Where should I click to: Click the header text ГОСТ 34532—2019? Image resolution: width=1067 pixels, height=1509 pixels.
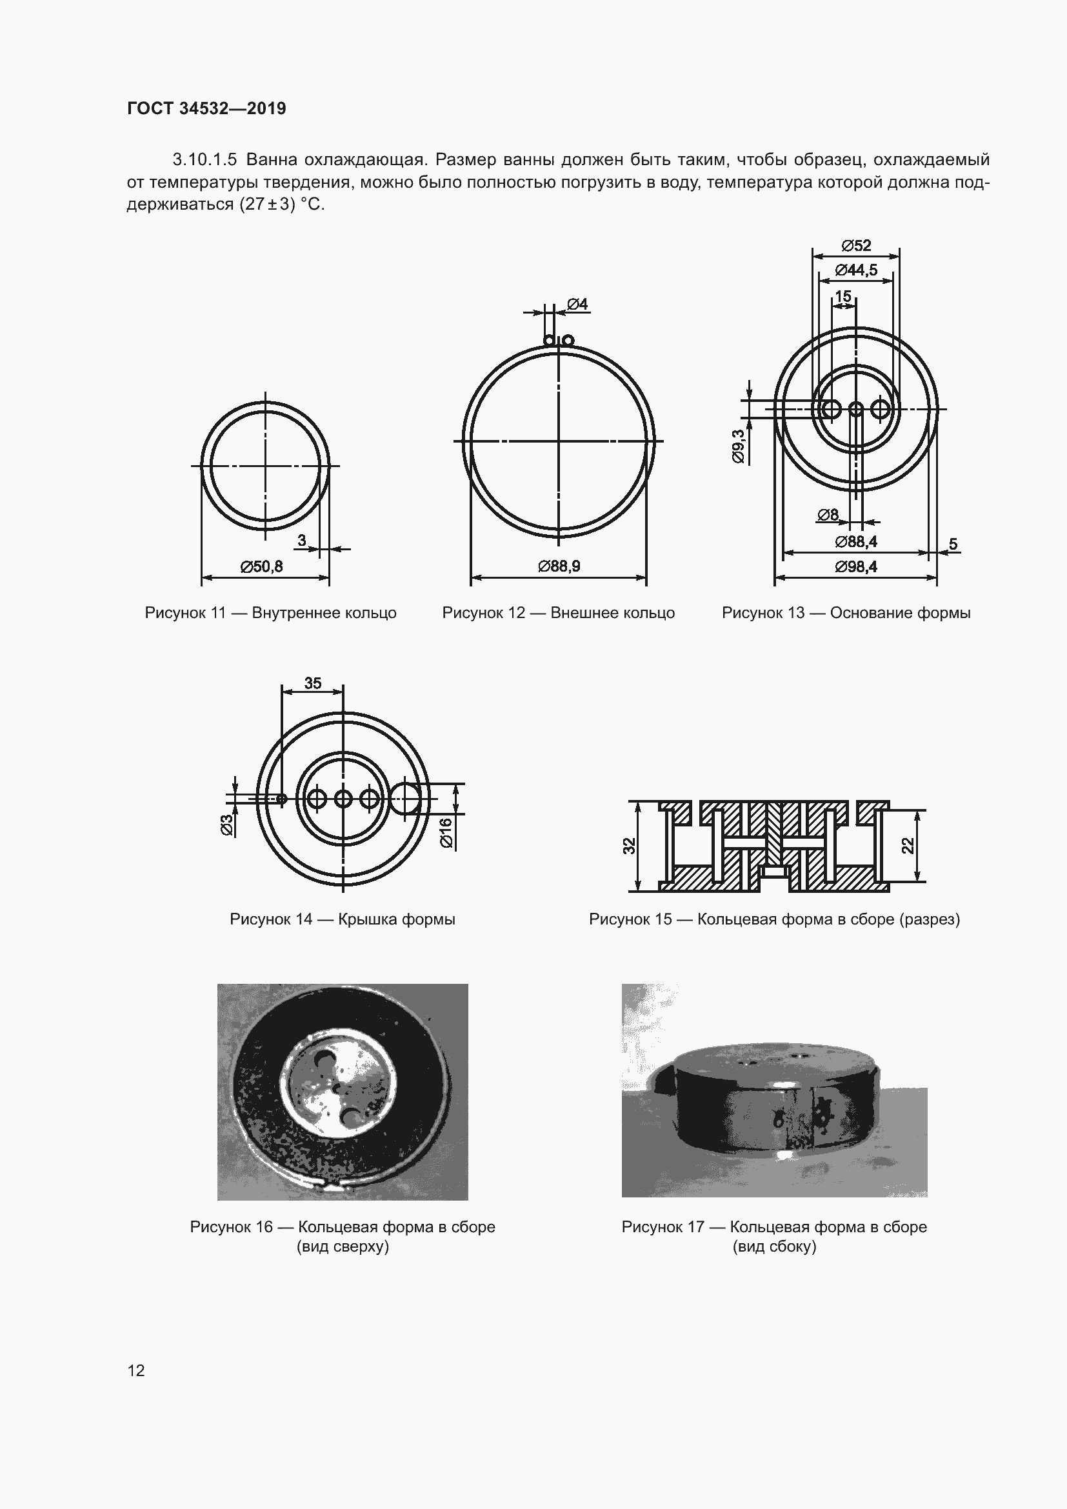tap(206, 108)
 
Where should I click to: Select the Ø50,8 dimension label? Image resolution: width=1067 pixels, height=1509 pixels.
tap(261, 566)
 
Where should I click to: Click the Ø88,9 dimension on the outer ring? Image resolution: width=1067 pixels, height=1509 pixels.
tap(559, 566)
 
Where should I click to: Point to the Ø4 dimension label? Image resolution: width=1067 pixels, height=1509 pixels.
tap(577, 305)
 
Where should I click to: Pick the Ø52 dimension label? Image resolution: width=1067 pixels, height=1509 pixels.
tap(856, 246)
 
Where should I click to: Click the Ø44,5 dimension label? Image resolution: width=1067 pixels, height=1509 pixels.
tap(856, 270)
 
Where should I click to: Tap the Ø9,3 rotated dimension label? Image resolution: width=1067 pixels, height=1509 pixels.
tap(738, 446)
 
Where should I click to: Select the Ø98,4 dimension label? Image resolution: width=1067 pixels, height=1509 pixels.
tap(856, 566)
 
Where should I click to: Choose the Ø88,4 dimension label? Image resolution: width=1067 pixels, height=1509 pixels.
tap(856, 541)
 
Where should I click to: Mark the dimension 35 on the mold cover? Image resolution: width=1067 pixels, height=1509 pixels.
tap(313, 683)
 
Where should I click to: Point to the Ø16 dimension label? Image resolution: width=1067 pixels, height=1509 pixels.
tap(446, 833)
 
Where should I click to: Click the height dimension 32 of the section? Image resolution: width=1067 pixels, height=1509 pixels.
tap(630, 846)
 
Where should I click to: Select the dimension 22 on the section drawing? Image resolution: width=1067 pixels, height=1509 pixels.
tap(908, 846)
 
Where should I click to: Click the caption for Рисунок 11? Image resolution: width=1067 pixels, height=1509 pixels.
tap(271, 613)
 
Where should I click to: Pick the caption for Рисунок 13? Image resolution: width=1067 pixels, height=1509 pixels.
tap(846, 613)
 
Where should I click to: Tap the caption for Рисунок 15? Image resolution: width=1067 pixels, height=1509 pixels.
tap(775, 919)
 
